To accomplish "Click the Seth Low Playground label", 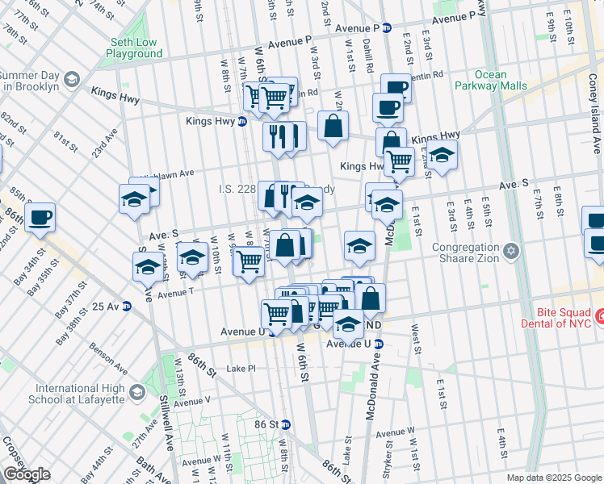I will [134, 48].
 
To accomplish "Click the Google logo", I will [27, 474].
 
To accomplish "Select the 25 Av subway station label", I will [106, 307].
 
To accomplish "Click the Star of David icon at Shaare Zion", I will [510, 253].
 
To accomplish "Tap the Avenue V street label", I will [193, 401].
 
